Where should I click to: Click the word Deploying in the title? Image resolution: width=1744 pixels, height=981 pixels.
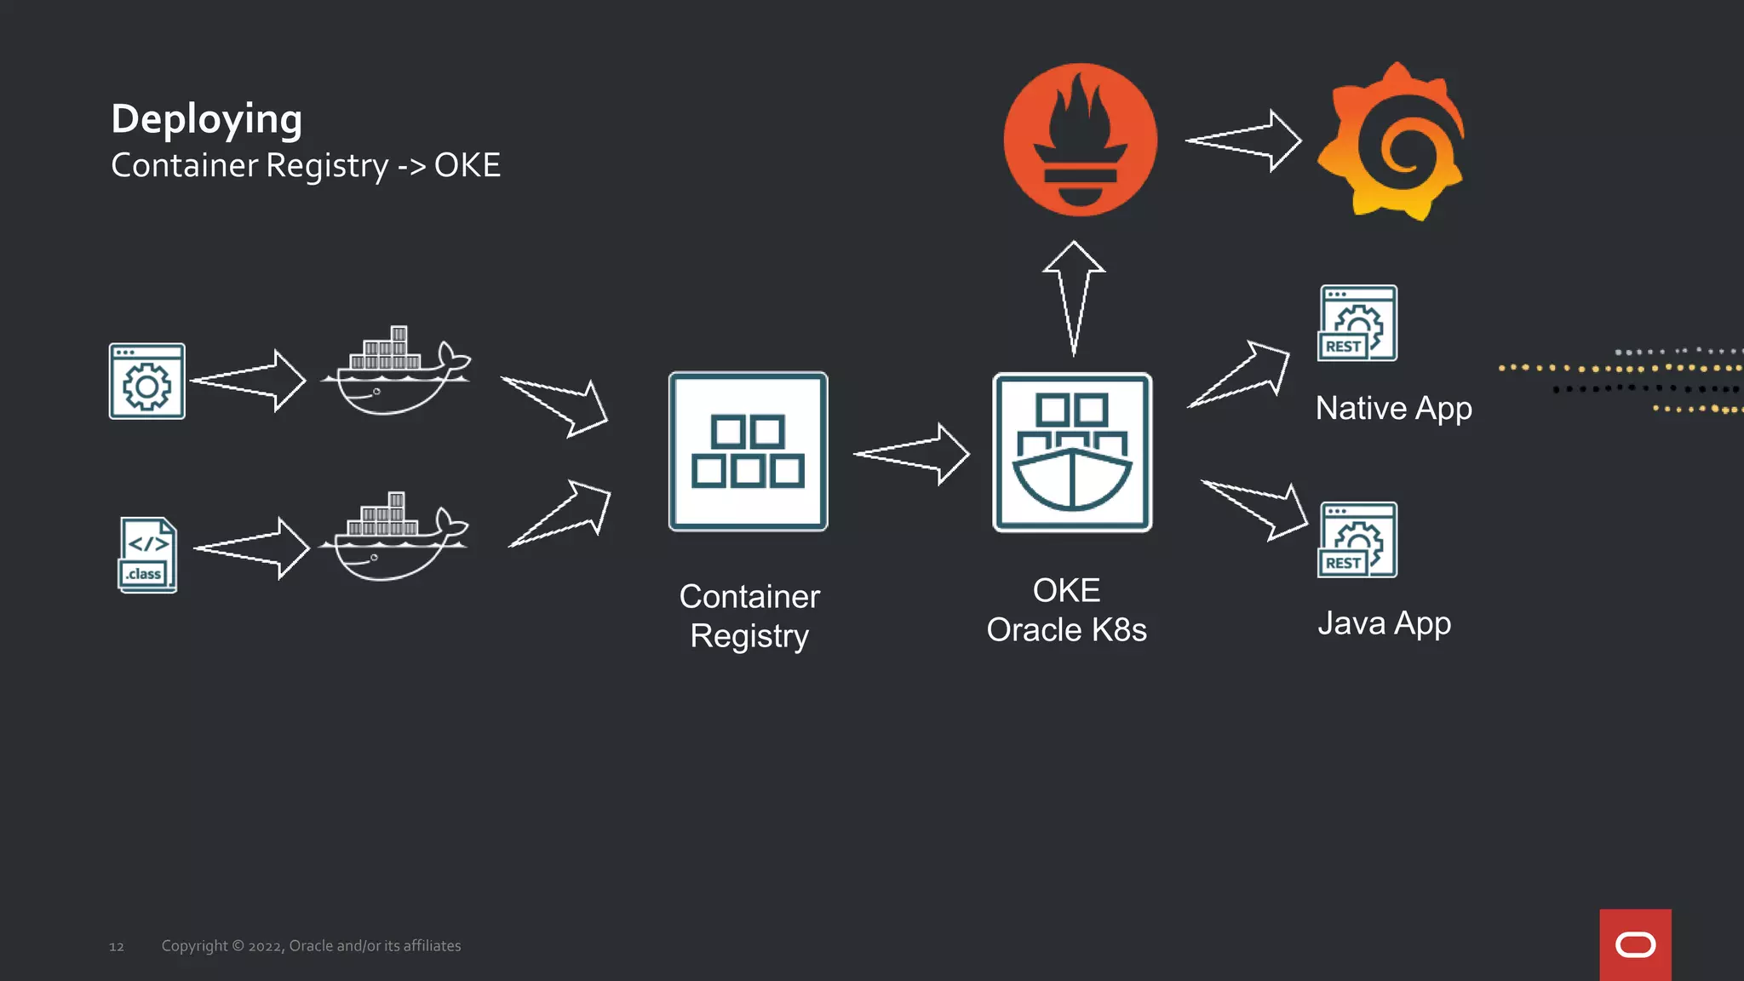tap(206, 119)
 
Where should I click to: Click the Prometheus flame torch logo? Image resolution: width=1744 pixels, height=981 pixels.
tap(1080, 140)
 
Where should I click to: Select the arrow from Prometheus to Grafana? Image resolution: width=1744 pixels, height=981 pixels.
tap(1243, 141)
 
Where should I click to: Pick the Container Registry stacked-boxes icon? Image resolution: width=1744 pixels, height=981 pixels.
tap(748, 451)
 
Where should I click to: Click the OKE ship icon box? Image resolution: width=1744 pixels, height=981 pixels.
tap(1072, 452)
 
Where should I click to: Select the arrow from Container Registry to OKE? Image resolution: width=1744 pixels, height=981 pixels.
tap(911, 454)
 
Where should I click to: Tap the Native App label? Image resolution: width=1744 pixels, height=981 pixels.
tap(1393, 409)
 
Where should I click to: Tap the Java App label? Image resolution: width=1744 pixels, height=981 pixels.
tap(1384, 623)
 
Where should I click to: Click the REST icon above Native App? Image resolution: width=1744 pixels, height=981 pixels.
tap(1357, 323)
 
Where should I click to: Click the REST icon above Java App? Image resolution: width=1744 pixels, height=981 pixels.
tap(1357, 540)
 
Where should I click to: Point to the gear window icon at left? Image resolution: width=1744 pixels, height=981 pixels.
tap(146, 381)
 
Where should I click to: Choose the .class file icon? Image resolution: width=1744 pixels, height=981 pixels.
tap(147, 554)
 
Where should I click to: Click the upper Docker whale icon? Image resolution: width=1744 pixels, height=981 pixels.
tap(395, 372)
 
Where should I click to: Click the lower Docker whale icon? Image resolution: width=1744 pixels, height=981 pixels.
tap(393, 538)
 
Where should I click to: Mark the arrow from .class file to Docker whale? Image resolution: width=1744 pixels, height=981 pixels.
tap(251, 548)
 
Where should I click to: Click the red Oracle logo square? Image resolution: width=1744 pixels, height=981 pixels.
tap(1635, 944)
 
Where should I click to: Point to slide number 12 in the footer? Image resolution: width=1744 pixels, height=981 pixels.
tap(117, 947)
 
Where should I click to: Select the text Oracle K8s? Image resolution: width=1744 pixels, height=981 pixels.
tap(1066, 630)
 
